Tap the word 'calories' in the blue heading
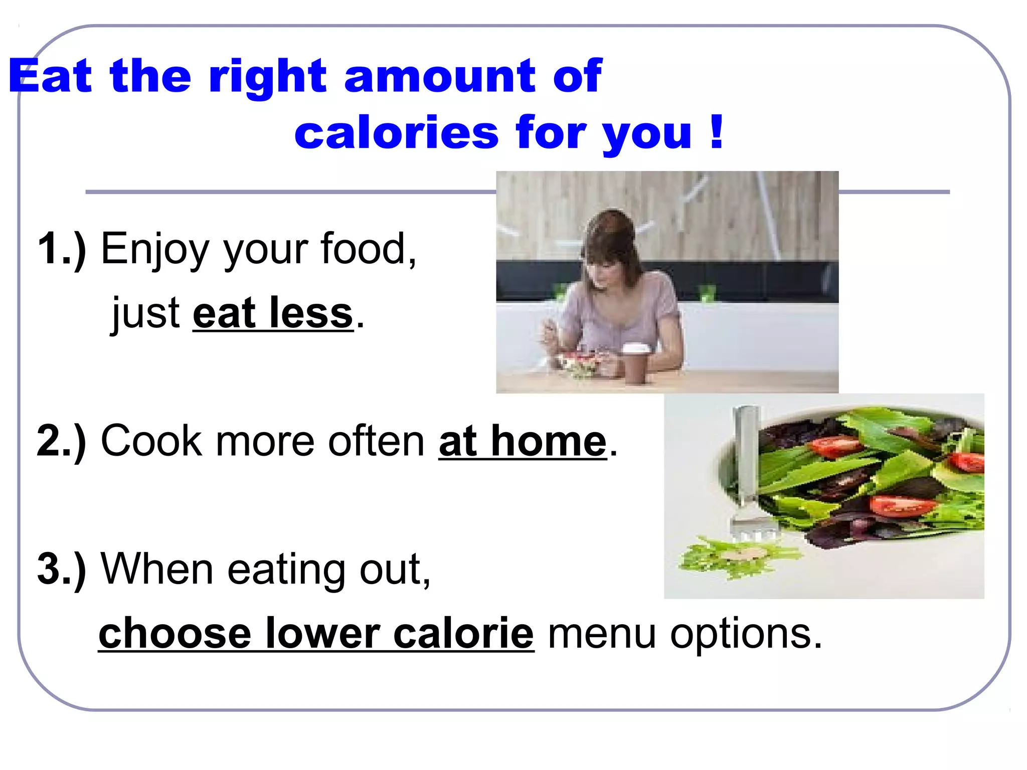click(x=396, y=133)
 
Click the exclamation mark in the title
click(x=717, y=131)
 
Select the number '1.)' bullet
click(x=62, y=249)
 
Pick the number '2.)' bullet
click(x=62, y=441)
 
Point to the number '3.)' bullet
click(x=62, y=569)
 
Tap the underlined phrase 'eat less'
click(x=273, y=313)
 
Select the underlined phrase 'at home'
click(x=523, y=441)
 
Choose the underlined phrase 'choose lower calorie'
click(x=316, y=634)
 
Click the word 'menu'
click(x=602, y=634)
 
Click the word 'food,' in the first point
click(x=369, y=249)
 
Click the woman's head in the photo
click(x=609, y=246)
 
